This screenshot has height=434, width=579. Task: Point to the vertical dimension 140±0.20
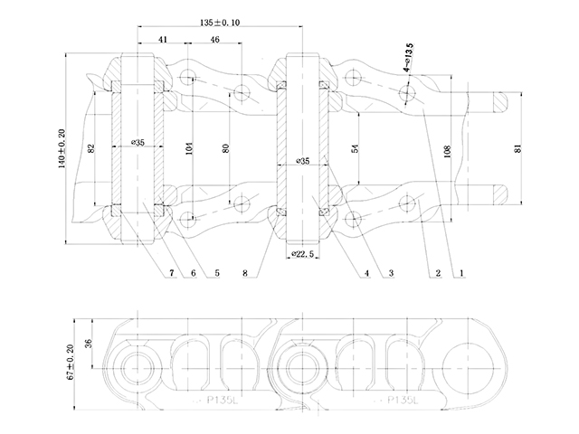[x=62, y=150]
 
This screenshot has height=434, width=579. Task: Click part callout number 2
[x=435, y=271]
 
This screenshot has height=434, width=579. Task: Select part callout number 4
[x=366, y=271]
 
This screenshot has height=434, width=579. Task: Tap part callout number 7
[x=170, y=271]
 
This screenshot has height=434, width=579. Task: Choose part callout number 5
[x=216, y=271]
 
